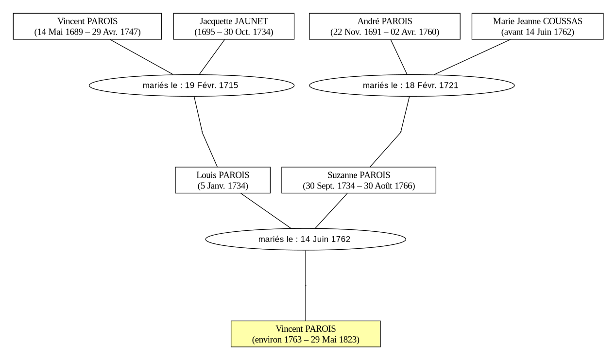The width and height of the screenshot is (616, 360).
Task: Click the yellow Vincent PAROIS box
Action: pos(306,334)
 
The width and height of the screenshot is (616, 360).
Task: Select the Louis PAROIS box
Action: pos(223,180)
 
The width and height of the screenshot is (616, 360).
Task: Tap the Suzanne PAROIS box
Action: pos(359,180)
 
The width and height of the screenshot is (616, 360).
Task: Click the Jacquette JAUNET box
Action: pos(234,26)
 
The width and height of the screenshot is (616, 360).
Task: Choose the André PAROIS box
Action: pos(385,26)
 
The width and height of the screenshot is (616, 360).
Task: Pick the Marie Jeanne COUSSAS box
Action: pos(538,26)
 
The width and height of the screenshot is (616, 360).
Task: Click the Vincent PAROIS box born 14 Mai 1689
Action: pos(87,26)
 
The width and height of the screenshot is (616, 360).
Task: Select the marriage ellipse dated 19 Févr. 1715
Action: pos(192,85)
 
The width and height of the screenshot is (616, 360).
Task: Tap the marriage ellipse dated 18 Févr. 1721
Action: pos(412,85)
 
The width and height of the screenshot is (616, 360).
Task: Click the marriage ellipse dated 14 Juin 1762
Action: pos(306,239)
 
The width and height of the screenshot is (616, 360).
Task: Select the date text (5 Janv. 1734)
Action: pos(223,186)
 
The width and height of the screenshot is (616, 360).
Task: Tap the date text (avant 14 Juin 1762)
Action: pos(538,32)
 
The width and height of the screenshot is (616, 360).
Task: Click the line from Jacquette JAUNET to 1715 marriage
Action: pos(212,57)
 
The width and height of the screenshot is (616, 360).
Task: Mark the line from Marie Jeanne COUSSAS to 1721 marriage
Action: pos(472,57)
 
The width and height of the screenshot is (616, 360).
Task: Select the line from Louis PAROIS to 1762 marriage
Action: pos(266,211)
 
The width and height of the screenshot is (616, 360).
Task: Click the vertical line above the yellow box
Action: pos(306,286)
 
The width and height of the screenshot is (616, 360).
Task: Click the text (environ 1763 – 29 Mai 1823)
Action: pos(306,340)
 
